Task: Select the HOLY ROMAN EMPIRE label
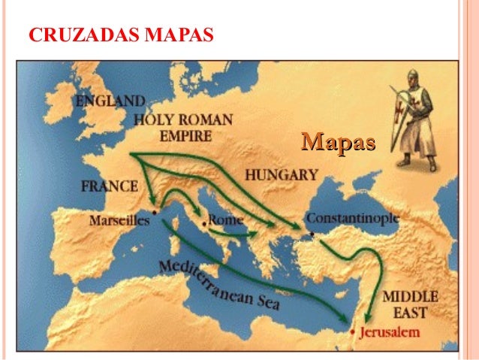pos(183,128)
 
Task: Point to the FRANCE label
pos(110,186)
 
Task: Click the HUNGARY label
pos(282,175)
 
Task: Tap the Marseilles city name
pos(118,221)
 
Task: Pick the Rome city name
pos(226,220)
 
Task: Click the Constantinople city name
pos(352,217)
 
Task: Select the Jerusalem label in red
pos(388,331)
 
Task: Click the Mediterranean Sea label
pos(218,285)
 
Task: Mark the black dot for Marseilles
pos(153,213)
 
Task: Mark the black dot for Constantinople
pos(312,233)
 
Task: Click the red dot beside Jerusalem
pos(351,332)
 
